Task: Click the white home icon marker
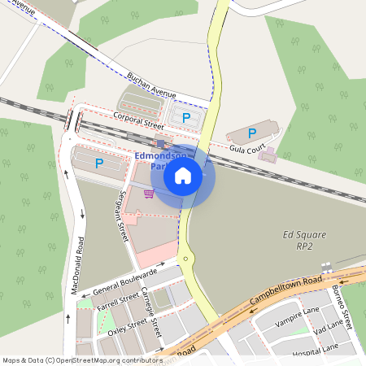[183, 176]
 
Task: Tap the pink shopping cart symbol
[149, 194]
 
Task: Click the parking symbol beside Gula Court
[252, 133]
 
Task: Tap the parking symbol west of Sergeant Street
[99, 163]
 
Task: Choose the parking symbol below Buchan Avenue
[186, 119]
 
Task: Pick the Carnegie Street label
[152, 313]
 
